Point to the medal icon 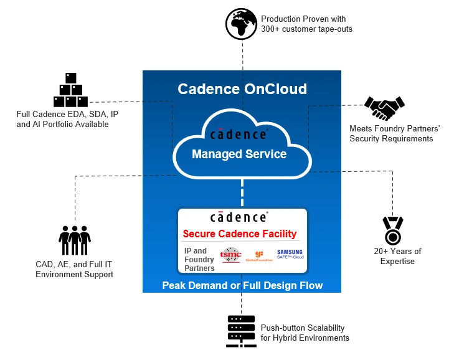click(393, 230)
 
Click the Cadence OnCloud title click(242, 88)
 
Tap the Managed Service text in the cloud click(239, 154)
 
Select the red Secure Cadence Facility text click(240, 234)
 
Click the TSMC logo click(230, 257)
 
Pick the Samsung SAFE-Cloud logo click(290, 255)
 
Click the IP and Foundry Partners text click(199, 259)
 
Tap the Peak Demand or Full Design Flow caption click(242, 285)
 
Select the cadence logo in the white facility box click(239, 217)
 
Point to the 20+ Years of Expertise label click(397, 256)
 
